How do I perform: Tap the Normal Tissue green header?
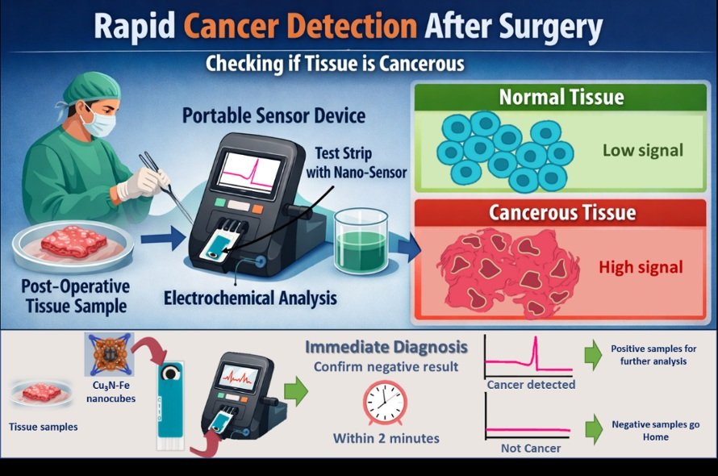561,97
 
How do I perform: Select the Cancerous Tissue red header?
561,212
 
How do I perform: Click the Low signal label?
642,150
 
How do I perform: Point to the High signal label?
641,267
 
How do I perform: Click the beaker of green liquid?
361,241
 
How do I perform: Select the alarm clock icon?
385,403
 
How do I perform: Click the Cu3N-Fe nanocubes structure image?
110,355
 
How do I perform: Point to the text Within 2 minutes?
386,438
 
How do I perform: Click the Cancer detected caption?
531,384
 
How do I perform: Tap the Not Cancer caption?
531,448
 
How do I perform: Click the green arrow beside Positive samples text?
594,355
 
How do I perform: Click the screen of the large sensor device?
249,173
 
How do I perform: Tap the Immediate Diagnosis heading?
386,347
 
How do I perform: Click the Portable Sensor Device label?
273,116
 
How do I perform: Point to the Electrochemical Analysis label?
250,299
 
